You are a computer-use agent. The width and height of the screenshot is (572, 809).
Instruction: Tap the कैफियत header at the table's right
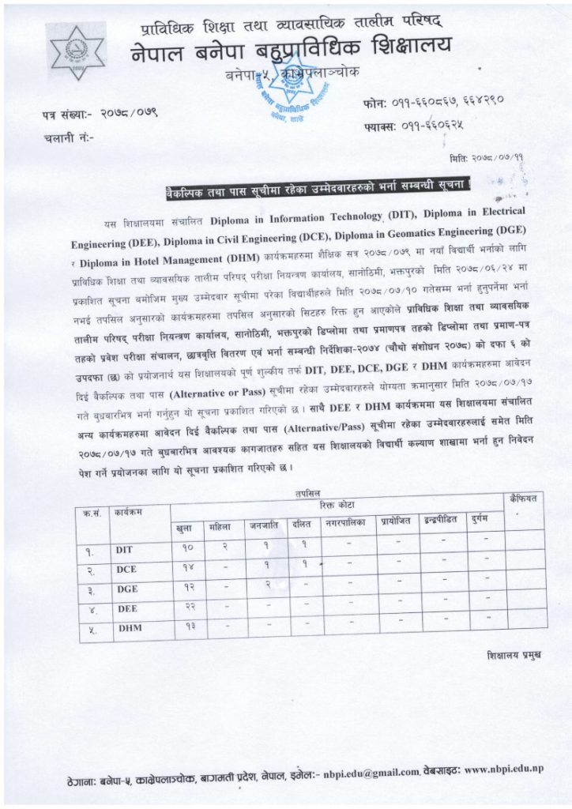click(x=522, y=499)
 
